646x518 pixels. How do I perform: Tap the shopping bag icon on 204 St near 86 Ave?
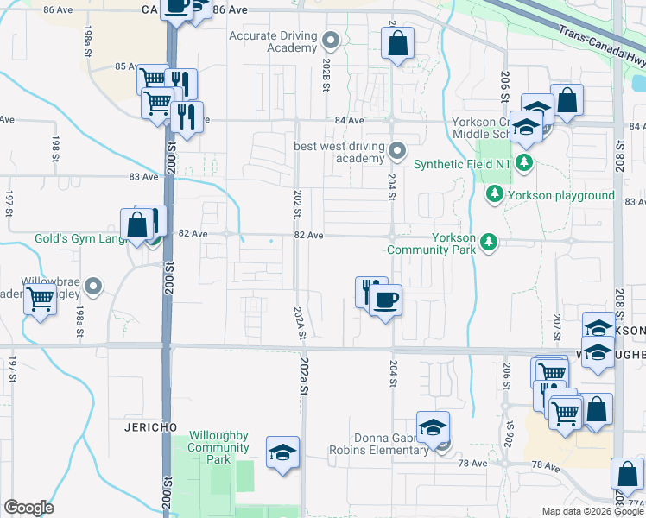point(396,43)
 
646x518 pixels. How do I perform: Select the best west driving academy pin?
point(397,152)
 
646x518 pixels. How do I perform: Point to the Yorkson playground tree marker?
point(495,195)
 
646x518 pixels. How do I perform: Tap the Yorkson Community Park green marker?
point(489,243)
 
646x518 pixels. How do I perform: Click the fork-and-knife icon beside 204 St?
point(370,289)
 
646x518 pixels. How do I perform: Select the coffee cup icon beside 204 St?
point(386,300)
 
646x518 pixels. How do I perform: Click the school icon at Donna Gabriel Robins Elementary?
point(433,427)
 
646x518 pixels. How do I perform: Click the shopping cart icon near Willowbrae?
point(41,300)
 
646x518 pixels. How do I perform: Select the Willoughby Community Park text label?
point(218,447)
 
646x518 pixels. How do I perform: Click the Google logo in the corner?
point(28,508)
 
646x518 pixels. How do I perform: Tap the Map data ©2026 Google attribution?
point(592,511)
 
